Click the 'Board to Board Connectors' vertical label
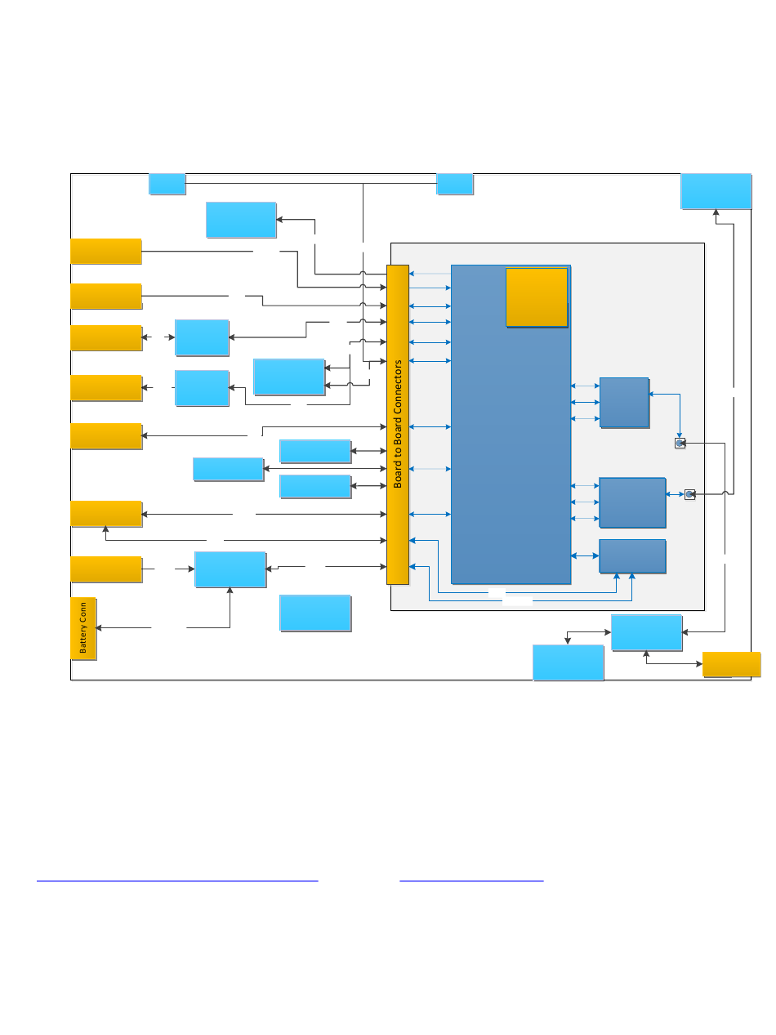pos(398,424)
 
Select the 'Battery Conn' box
pos(83,628)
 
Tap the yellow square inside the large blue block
pos(537,297)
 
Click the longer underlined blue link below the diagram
pos(177,881)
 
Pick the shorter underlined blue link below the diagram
pos(471,881)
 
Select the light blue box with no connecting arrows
pos(314,613)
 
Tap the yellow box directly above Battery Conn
pos(106,569)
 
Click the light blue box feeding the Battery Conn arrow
pos(230,569)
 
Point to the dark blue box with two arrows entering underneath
pos(632,555)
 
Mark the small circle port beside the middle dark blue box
pos(689,494)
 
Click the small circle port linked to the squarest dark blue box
pos(680,443)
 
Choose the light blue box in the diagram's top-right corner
pos(716,191)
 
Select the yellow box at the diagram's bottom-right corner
pos(731,664)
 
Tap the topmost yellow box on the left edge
pos(106,252)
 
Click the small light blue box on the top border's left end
pos(167,184)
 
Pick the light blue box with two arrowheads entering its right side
pos(288,377)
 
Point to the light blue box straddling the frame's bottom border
pos(568,662)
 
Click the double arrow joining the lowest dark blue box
pos(585,555)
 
